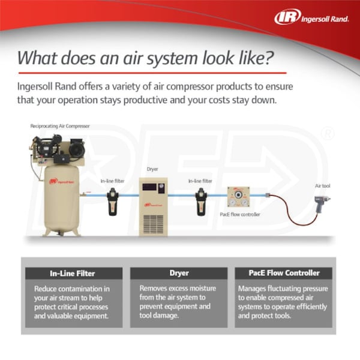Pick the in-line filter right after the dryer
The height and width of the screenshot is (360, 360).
pos(202,202)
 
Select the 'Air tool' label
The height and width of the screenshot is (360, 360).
pos(323,187)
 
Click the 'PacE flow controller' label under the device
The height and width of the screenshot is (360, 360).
pos(239,214)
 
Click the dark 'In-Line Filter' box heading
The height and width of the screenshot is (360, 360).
pos(73,274)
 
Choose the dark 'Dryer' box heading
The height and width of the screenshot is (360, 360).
pos(179,274)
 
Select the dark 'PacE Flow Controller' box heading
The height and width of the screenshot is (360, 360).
pos(284,274)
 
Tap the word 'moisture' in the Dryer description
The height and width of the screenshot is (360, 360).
pos(206,289)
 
